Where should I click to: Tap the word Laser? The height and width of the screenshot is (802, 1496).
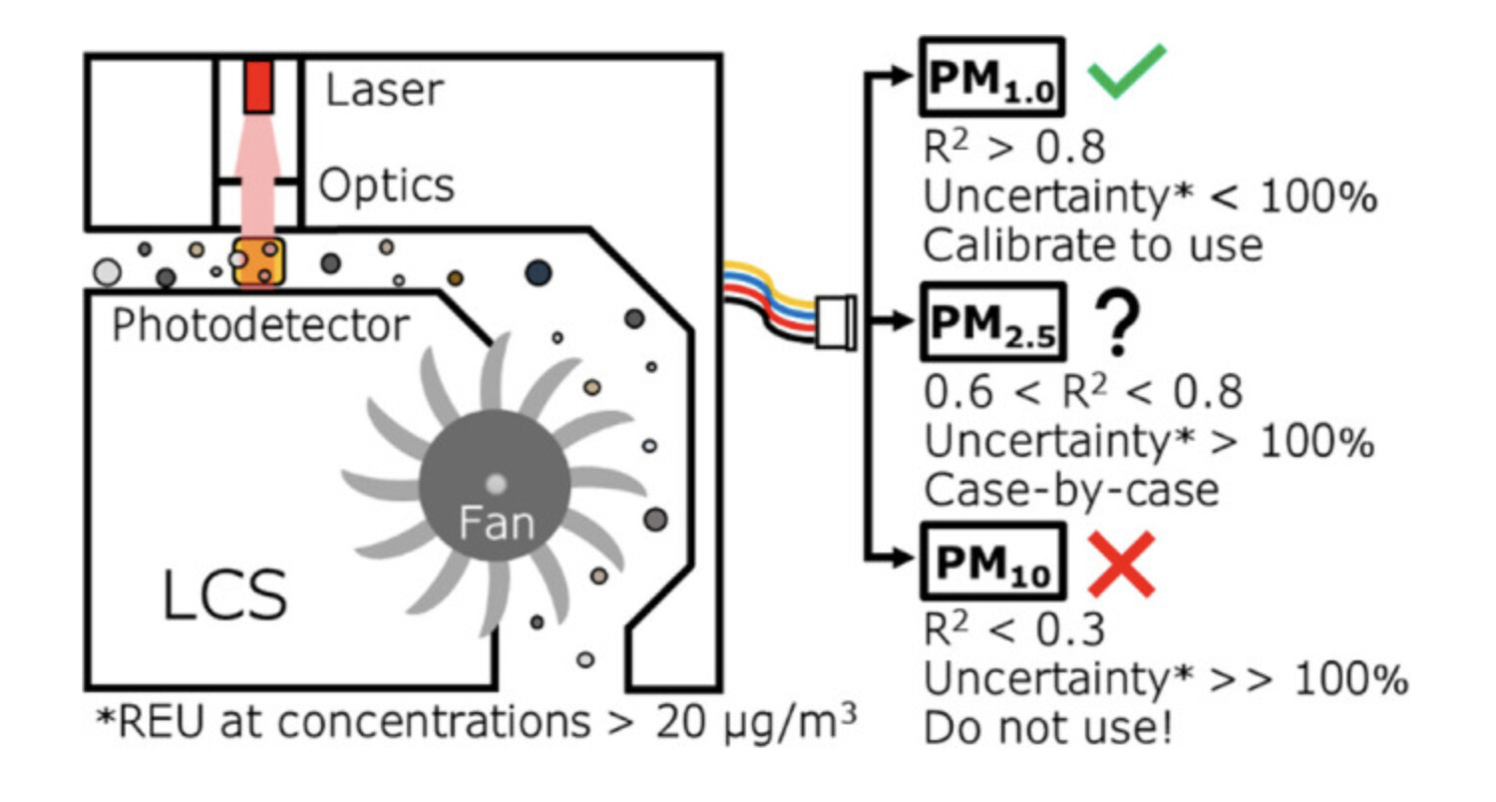tap(384, 91)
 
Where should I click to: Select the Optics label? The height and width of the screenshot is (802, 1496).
tap(386, 185)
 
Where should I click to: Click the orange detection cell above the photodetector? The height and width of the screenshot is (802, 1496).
tap(258, 261)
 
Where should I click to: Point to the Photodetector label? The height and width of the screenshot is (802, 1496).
tap(260, 325)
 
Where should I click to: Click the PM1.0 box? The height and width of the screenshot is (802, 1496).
tap(991, 78)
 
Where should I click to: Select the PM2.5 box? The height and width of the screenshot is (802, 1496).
tap(991, 320)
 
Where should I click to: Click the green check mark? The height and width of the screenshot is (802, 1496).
tap(1124, 76)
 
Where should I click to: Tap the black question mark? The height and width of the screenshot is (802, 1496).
tap(1120, 320)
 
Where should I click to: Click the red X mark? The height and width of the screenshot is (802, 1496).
tap(1120, 565)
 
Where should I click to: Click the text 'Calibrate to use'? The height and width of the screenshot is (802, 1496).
tap(1092, 245)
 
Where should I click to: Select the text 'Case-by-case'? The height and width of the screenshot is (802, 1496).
tap(1072, 491)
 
